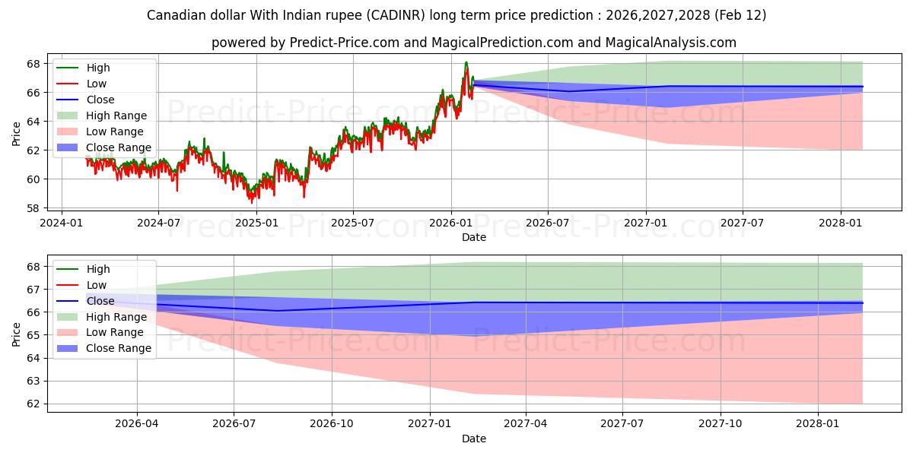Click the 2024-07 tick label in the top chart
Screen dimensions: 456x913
158,223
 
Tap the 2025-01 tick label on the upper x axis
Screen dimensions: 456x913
256,223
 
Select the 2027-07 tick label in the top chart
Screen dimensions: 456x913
743,223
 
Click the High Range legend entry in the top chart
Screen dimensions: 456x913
116,116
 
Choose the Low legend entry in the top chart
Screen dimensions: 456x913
97,84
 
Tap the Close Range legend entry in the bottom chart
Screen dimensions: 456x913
119,348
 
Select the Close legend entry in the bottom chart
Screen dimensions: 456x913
100,301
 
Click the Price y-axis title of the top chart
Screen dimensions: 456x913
17,133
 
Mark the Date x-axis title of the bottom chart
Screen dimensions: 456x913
474,439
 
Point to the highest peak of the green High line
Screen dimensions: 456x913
466,62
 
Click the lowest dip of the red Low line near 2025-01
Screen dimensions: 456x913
252,203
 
